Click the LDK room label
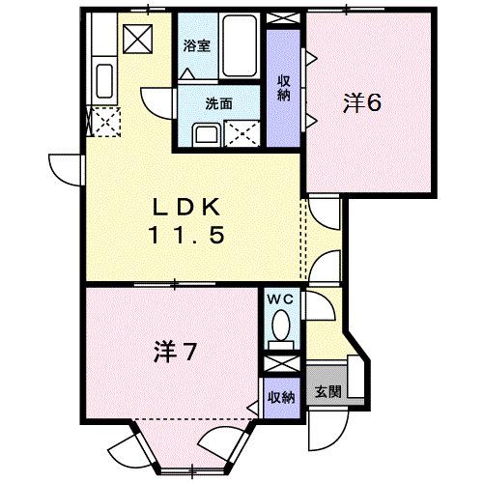point(188,206)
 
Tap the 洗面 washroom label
point(217,102)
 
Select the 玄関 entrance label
point(327,393)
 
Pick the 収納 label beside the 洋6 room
point(284,87)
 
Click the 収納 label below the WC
point(281,396)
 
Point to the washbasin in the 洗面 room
point(206,134)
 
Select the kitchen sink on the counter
point(104,79)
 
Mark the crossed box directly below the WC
point(281,365)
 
